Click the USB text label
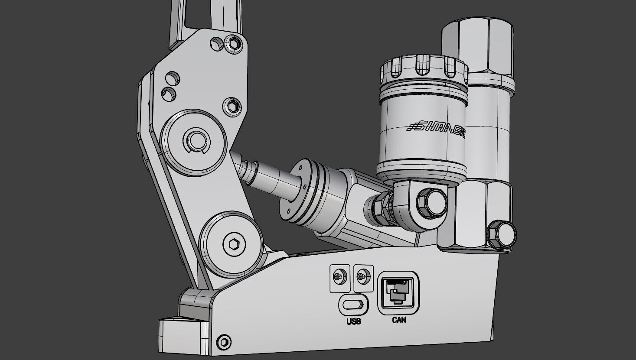click(353, 321)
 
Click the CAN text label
click(399, 320)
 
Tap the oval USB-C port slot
click(353, 303)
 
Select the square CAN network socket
click(399, 292)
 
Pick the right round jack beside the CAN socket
click(363, 276)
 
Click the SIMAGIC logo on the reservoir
click(436, 126)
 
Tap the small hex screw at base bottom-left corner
click(224, 342)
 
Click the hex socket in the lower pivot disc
click(231, 244)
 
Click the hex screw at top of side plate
click(234, 43)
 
